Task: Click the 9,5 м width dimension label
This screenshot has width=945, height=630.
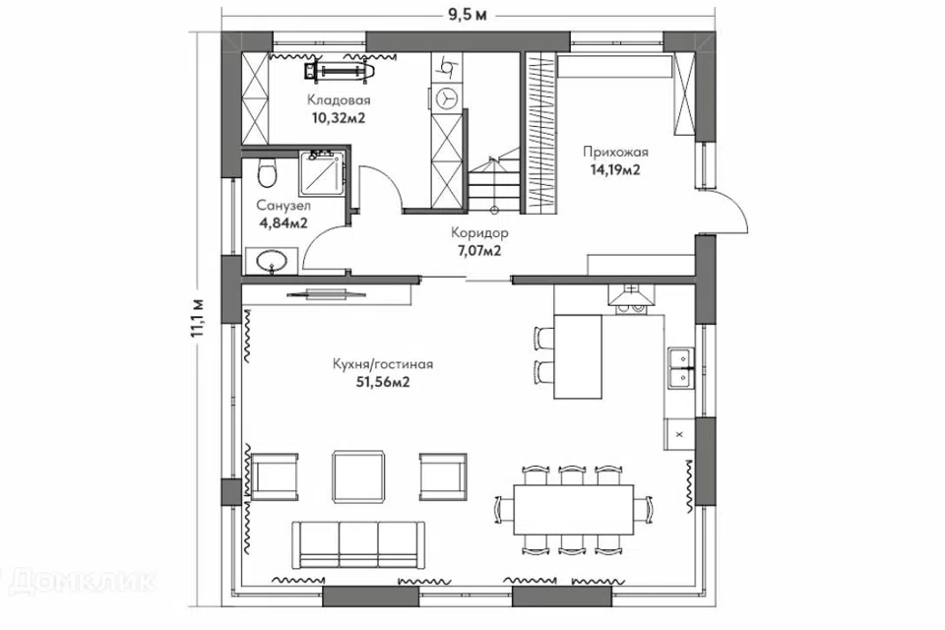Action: coord(467,14)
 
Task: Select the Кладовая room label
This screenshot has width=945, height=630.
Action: coord(339,100)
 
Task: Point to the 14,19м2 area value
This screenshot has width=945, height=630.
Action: coord(615,169)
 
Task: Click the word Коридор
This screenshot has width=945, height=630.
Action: coord(479,232)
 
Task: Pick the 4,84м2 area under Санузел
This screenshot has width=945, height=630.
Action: coord(283,223)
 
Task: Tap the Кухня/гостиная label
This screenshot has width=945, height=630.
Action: coord(383,364)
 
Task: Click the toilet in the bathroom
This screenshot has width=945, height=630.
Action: coord(266,173)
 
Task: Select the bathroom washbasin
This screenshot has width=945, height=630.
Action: coord(272,261)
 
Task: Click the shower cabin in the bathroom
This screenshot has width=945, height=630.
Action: coord(323,173)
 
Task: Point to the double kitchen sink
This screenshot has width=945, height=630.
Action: coord(680,367)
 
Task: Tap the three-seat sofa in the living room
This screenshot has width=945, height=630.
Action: coord(358,544)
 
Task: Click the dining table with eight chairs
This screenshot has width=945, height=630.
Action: coord(574,510)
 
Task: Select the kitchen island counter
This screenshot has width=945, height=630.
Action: coord(578,356)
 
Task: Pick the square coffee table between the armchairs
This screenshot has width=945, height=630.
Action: coord(358,476)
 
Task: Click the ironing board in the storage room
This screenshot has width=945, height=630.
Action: coord(342,71)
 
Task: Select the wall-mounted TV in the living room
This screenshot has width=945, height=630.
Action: coord(326,294)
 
